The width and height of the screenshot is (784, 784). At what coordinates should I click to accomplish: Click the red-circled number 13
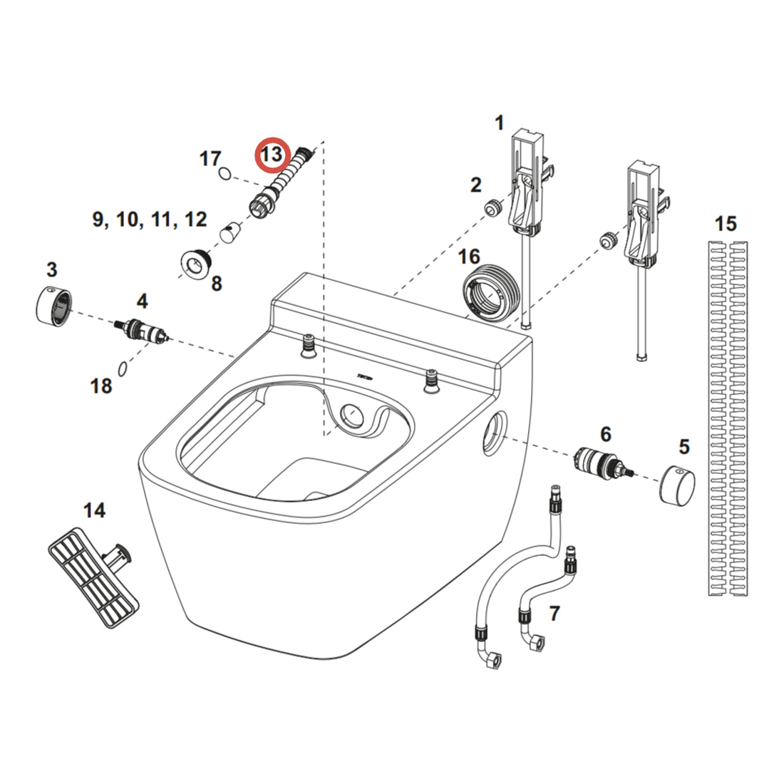pyautogui.click(x=272, y=155)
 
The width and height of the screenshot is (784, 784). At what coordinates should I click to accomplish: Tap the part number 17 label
pyautogui.click(x=210, y=158)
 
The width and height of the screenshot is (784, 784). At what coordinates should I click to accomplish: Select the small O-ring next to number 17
pyautogui.click(x=225, y=173)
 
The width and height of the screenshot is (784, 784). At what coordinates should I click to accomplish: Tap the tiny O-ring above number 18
pyautogui.click(x=123, y=368)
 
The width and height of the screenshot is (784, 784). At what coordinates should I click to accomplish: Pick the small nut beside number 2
pyautogui.click(x=491, y=208)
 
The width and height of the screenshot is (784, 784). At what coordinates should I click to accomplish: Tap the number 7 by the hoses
pyautogui.click(x=555, y=612)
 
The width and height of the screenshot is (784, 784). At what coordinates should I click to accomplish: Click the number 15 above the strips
pyautogui.click(x=726, y=224)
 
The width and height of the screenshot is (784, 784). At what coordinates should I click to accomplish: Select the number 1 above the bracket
pyautogui.click(x=499, y=123)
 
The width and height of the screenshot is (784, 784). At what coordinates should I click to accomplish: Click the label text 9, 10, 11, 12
pyautogui.click(x=150, y=220)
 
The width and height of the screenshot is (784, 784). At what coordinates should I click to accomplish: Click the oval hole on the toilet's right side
pyautogui.click(x=493, y=433)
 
